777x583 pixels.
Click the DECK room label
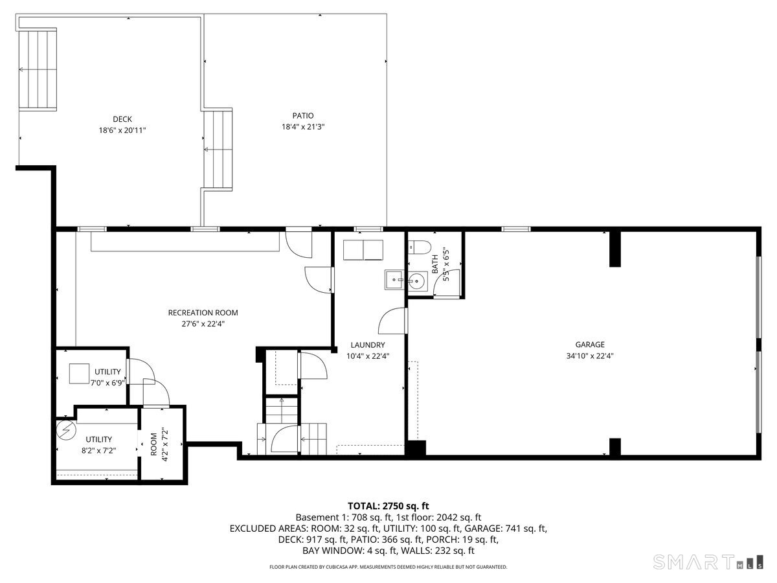pos(122,119)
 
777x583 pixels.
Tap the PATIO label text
pos(302,115)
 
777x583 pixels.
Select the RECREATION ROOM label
pos(203,313)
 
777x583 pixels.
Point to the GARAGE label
pos(590,345)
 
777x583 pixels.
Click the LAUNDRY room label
pos(367,345)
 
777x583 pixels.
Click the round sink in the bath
pos(417,282)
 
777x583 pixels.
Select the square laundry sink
pos(394,280)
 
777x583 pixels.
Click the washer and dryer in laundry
pos(363,250)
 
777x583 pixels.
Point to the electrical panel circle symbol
pos(66,430)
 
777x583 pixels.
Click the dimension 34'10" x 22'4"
pos(590,356)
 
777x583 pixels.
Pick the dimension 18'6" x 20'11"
pos(122,130)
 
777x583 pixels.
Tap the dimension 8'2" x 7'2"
pos(99,451)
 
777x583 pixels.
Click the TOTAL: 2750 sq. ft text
pos(388,506)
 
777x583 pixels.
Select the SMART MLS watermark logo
pos(708,562)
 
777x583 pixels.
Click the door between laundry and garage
pos(392,321)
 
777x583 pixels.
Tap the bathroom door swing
pos(447,283)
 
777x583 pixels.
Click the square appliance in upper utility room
pos(79,374)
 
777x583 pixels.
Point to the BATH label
pos(435,264)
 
